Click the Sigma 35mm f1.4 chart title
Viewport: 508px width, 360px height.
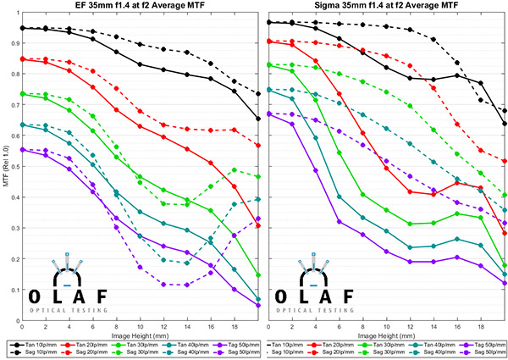point(387,8)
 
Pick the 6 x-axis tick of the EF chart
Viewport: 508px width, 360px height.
point(92,325)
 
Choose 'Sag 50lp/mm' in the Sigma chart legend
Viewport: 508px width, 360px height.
point(485,352)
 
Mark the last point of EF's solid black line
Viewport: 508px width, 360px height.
point(258,119)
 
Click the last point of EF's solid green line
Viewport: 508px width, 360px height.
point(258,275)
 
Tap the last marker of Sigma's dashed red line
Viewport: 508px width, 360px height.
point(505,161)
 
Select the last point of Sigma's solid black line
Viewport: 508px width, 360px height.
point(505,124)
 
